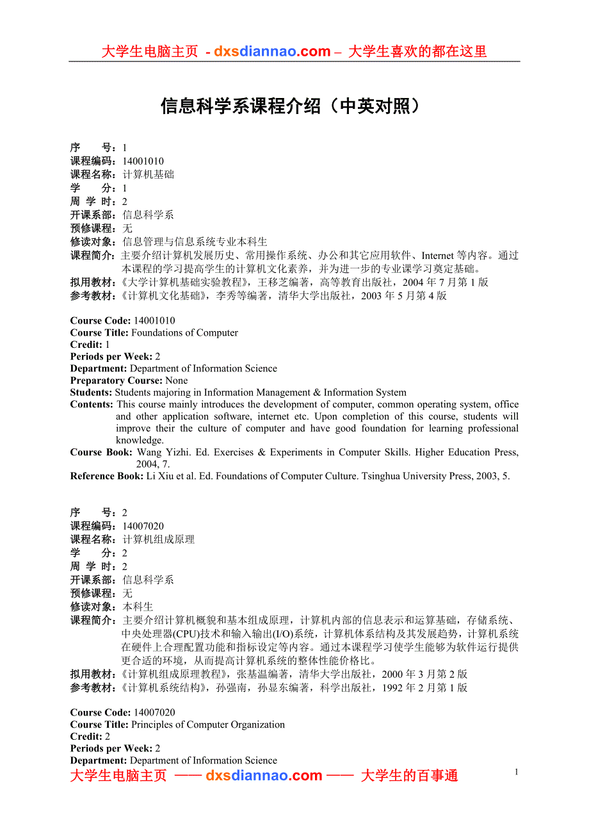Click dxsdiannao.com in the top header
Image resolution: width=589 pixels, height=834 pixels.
(272, 52)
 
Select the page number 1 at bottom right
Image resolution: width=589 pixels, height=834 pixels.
(516, 773)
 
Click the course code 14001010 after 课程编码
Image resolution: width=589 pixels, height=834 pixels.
(143, 161)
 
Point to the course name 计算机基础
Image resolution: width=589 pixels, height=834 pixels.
(148, 174)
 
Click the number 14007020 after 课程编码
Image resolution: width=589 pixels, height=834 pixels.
(143, 527)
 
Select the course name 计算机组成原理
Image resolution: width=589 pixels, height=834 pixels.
(158, 540)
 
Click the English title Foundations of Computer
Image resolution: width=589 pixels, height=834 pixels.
(184, 332)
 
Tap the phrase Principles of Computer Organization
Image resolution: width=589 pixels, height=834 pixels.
(208, 724)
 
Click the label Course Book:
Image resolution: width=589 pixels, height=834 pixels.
(102, 452)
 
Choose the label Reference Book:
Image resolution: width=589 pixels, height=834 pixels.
(106, 476)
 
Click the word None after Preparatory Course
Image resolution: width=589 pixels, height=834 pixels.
(176, 380)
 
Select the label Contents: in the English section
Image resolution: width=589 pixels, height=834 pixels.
(92, 404)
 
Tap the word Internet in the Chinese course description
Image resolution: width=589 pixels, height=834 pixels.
(437, 256)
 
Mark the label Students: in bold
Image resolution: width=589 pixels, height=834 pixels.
(91, 392)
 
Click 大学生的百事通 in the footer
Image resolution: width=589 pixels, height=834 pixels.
(409, 776)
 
